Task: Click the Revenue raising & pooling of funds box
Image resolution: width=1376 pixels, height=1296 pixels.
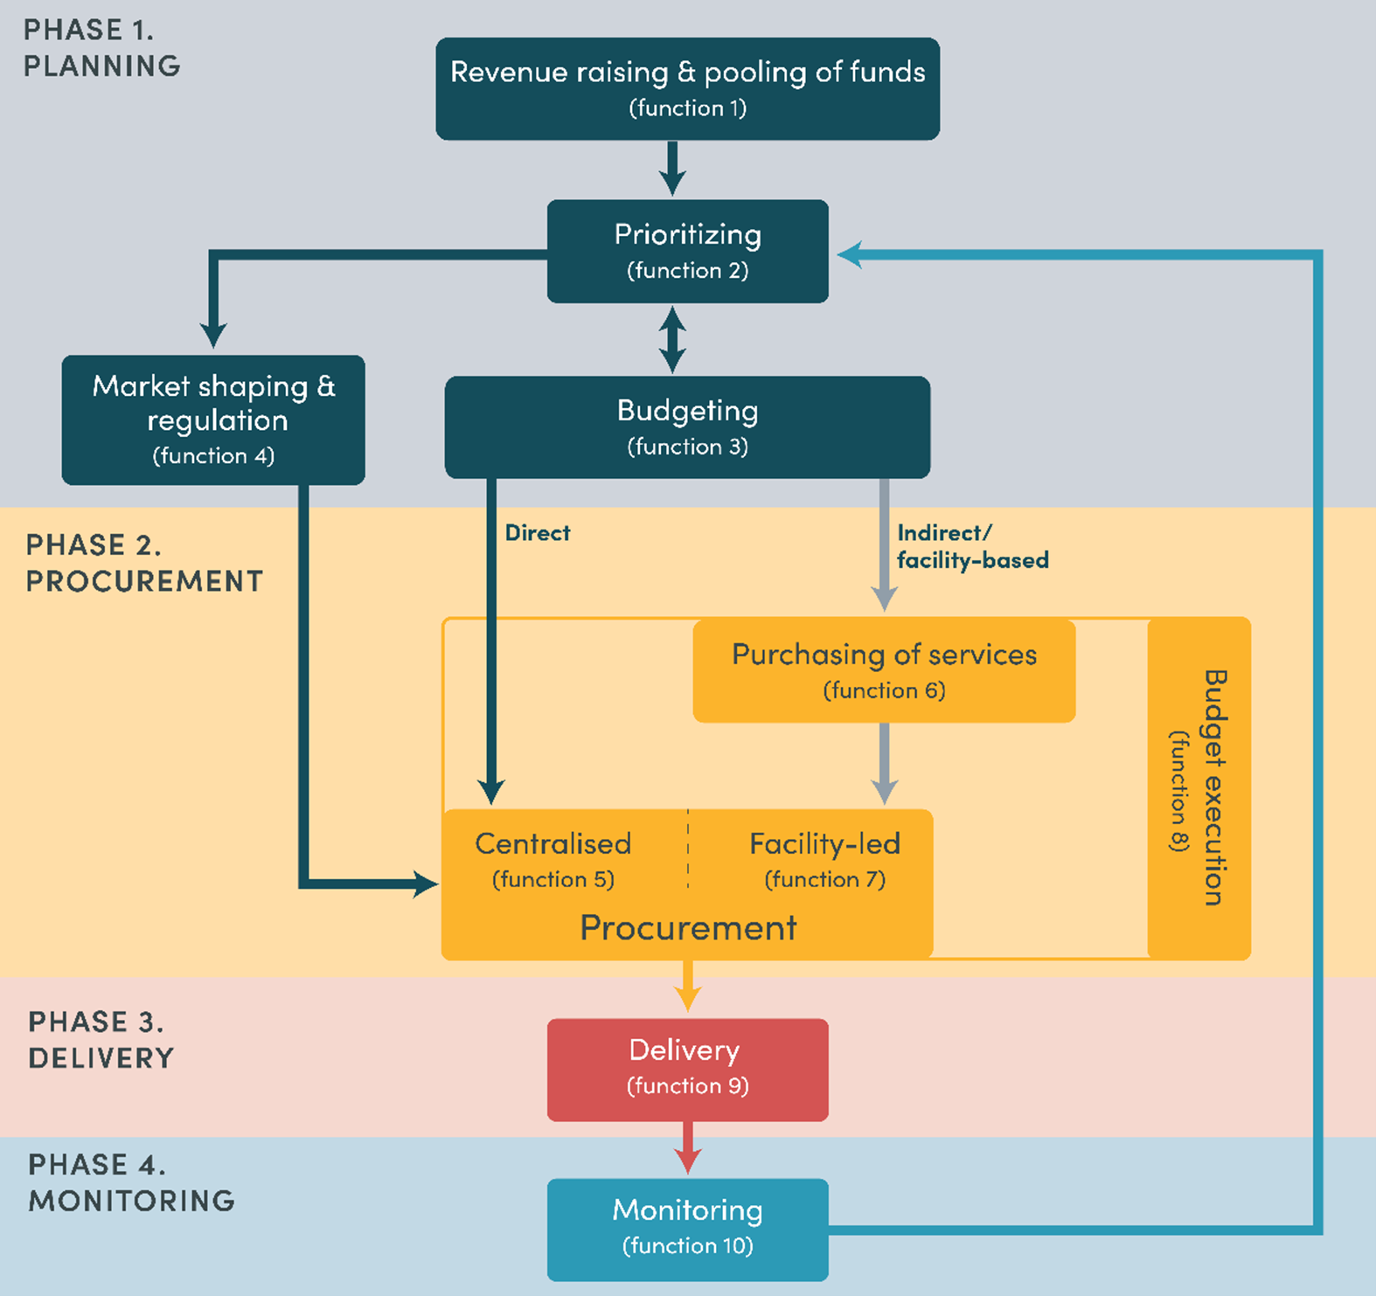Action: [x=687, y=88]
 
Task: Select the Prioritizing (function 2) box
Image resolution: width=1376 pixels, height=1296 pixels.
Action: [x=687, y=251]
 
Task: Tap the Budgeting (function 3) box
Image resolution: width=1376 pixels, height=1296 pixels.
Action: [x=687, y=426]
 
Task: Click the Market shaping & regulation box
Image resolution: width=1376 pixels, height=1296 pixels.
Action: [x=213, y=419]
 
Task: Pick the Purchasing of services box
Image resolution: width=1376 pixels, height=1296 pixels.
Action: [x=884, y=670]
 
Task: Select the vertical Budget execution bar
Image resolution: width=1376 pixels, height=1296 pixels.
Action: [x=1199, y=787]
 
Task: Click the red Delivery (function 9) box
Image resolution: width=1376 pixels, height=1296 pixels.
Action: [x=687, y=1069]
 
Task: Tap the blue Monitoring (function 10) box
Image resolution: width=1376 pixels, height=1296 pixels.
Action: [x=687, y=1229]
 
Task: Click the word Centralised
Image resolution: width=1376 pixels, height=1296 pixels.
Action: [x=552, y=843]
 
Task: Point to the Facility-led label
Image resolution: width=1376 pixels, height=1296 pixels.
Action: [x=824, y=843]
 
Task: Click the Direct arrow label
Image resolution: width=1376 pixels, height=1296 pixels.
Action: [x=537, y=533]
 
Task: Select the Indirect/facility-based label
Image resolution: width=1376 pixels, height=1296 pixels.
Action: [x=971, y=546]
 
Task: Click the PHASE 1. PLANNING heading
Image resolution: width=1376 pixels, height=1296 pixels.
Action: [x=101, y=48]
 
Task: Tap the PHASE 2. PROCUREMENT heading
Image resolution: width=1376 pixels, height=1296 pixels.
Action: [x=143, y=563]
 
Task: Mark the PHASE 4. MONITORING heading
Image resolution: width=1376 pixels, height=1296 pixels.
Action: [x=131, y=1182]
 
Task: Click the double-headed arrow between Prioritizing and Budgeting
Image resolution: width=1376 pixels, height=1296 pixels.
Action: [x=671, y=339]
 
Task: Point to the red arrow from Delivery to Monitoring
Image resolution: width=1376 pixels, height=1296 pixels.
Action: [x=687, y=1148]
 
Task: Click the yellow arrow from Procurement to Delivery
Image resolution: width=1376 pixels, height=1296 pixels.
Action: [x=687, y=986]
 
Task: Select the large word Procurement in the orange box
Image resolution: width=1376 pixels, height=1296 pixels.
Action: [x=688, y=927]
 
